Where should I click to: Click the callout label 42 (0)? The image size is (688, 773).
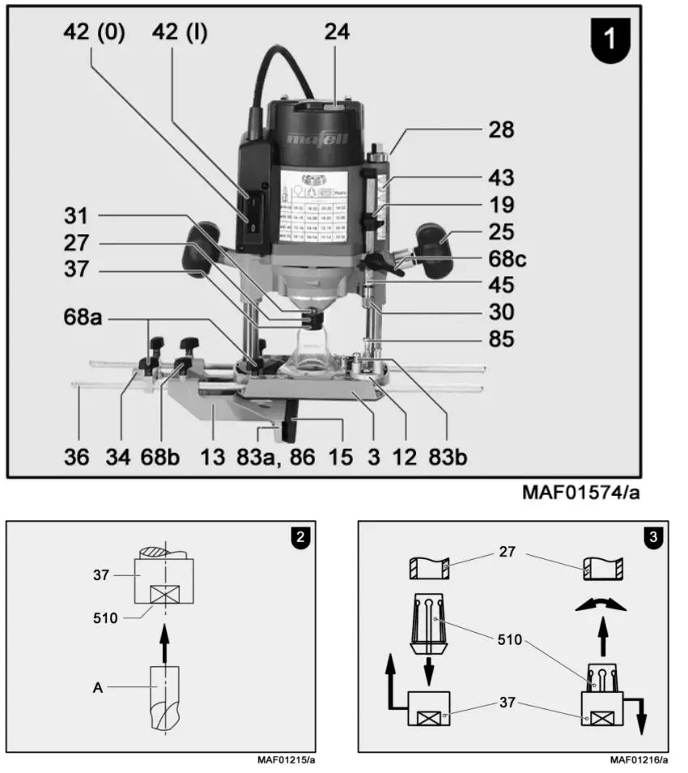95,34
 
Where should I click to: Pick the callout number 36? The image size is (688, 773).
78,457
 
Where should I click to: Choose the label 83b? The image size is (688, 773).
448,457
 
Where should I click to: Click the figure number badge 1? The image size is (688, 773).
612,40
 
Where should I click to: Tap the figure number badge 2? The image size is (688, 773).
299,536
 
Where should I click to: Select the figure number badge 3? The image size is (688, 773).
652,536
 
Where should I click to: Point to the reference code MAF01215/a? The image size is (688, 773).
286,760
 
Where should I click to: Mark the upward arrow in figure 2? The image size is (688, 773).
164,640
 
